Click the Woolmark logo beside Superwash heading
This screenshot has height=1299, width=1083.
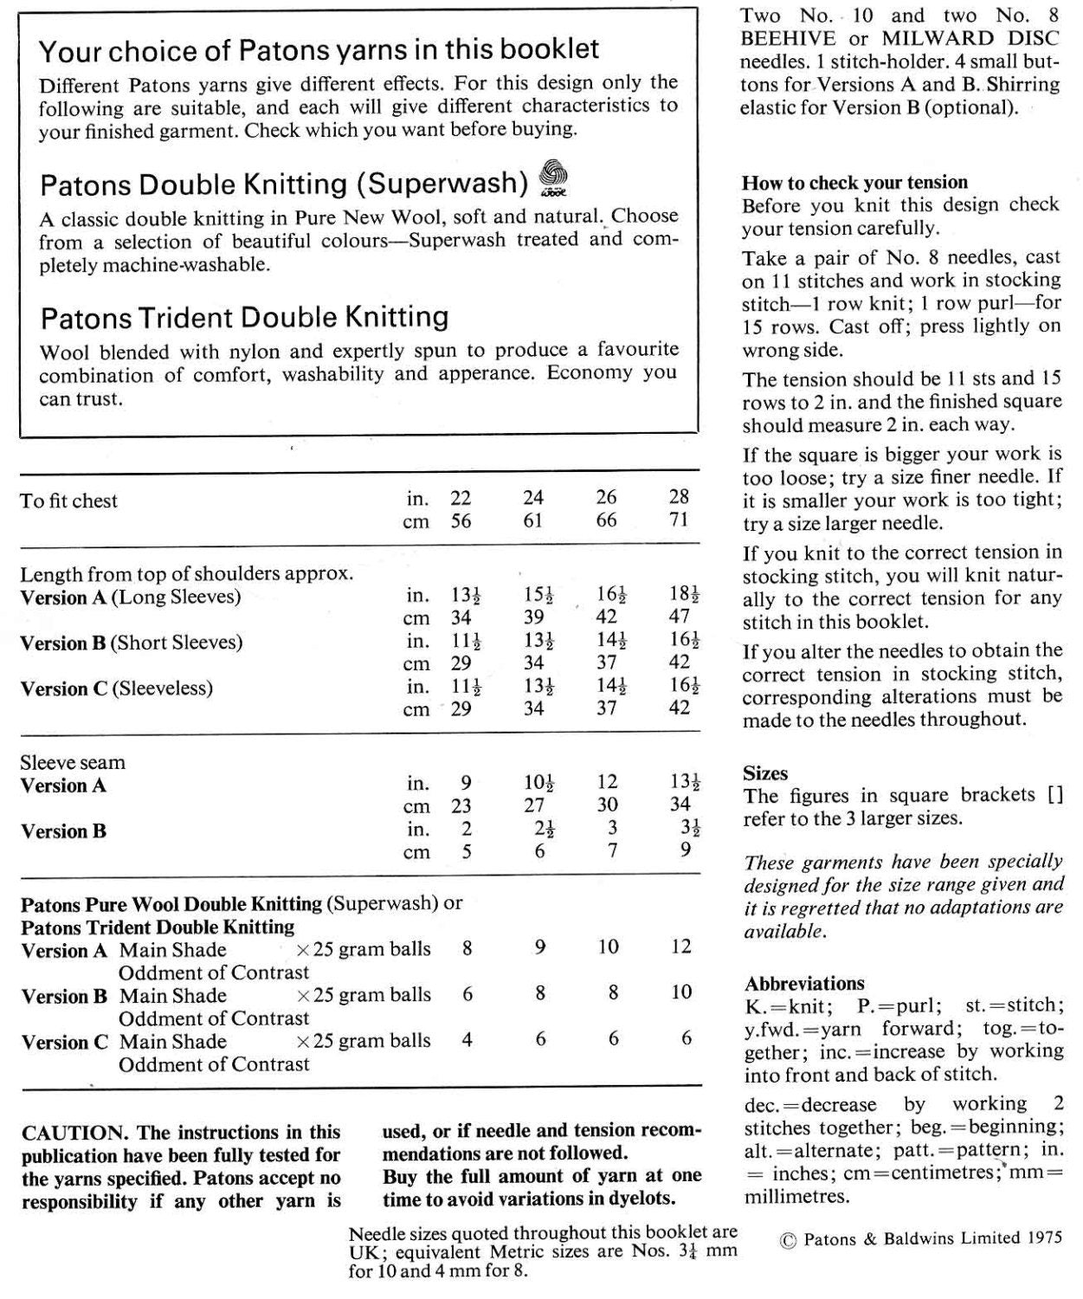[552, 177]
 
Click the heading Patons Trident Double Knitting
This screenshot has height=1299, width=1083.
[244, 318]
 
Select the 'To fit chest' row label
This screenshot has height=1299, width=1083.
[68, 501]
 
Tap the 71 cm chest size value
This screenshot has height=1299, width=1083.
[680, 520]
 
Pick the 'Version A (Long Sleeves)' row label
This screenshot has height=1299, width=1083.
[131, 597]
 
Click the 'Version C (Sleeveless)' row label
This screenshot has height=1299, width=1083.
[116, 688]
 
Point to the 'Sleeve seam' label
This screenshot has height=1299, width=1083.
[73, 763]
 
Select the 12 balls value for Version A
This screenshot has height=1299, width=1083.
[681, 947]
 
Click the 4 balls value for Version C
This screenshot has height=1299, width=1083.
[467, 1039]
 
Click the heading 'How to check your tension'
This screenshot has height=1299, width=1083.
[854, 183]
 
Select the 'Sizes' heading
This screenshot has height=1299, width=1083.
[765, 773]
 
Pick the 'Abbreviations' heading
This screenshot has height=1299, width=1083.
[804, 984]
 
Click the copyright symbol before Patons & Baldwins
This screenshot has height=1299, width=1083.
[788, 1239]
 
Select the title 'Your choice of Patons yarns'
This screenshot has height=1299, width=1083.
[319, 50]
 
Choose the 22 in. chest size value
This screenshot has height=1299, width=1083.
[461, 497]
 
